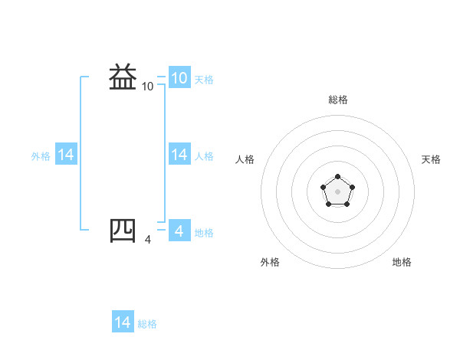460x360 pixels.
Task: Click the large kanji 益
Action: coord(123,77)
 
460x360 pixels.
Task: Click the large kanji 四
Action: coord(123,230)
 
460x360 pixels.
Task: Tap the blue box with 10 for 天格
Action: coord(179,77)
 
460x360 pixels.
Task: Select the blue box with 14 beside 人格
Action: coord(179,155)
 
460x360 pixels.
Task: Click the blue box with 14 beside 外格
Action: coord(66,155)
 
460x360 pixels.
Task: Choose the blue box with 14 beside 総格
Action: coord(123,322)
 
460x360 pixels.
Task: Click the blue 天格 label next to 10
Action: coord(204,79)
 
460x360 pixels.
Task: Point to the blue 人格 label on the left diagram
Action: coord(204,156)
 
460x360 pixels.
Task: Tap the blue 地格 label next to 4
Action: coord(204,232)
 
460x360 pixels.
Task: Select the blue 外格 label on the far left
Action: coord(41,156)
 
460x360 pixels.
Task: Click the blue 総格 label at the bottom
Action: coord(147,324)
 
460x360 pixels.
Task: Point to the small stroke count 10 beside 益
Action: coord(148,87)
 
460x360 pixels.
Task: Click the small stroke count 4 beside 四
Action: coord(148,240)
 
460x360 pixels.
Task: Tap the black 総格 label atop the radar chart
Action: coord(338,100)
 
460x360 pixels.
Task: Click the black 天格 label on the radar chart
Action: coord(431,159)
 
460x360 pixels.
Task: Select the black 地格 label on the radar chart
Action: coord(402,262)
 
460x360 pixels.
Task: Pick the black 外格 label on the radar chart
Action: coord(270,262)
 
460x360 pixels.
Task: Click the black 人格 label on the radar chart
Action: coord(245,159)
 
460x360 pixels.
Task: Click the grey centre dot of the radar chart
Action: coord(337,190)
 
